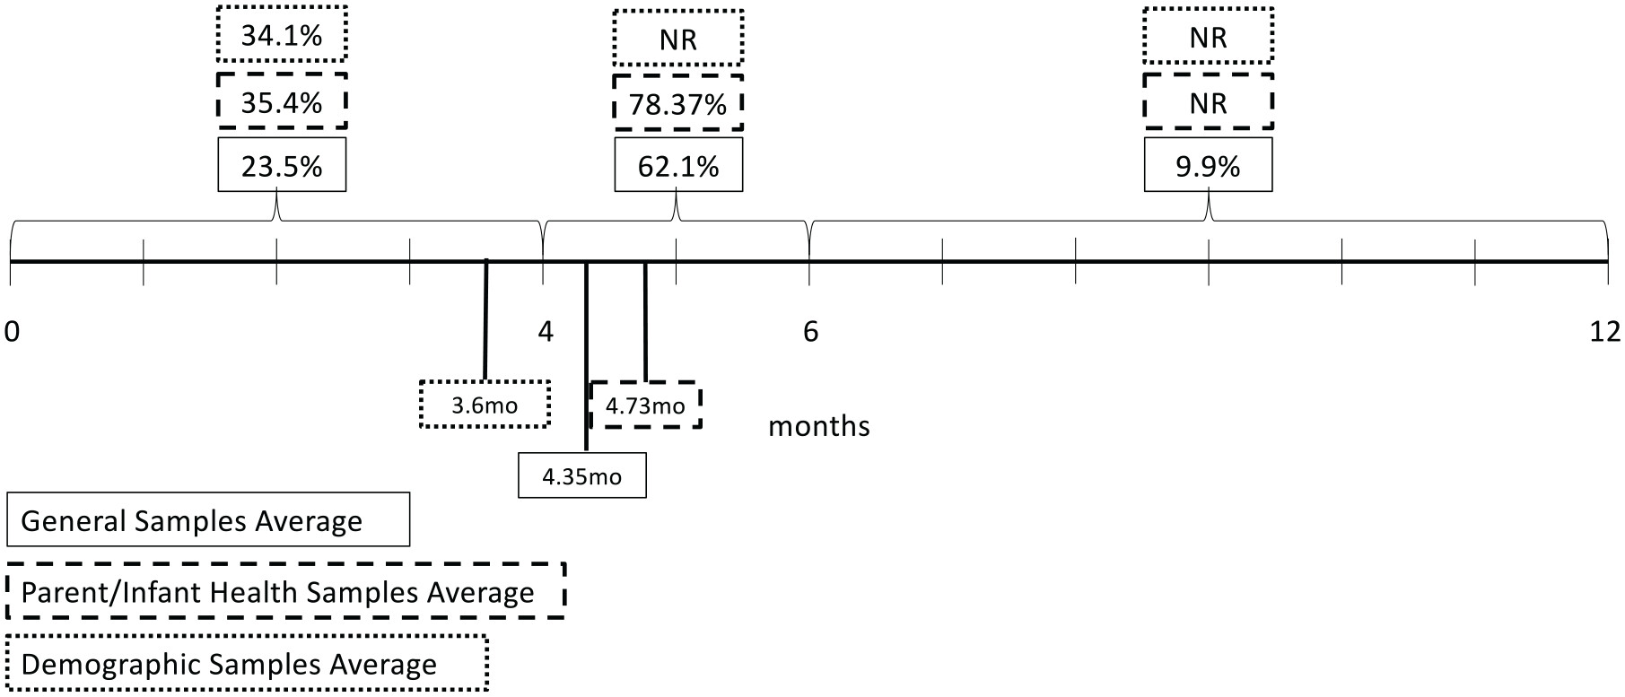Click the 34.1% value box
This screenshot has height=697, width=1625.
(282, 36)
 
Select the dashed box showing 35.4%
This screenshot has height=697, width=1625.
(282, 102)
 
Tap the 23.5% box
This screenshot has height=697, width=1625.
(282, 166)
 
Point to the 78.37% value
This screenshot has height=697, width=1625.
(678, 104)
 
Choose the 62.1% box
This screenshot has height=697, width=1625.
(678, 166)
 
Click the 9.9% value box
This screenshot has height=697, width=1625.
(1208, 166)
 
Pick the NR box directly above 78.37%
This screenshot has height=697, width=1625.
(678, 39)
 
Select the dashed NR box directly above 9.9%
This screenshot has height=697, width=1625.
(1208, 102)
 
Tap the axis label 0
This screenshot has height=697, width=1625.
(12, 332)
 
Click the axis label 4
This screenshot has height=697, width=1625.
(546, 332)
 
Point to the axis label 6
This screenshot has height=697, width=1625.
(810, 332)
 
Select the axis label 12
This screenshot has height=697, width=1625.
(1604, 332)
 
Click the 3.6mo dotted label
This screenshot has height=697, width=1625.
(485, 405)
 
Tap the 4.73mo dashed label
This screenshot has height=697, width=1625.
(645, 405)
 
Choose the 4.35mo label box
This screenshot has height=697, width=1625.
(581, 475)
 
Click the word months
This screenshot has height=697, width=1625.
(818, 425)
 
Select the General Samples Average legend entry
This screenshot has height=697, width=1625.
(207, 520)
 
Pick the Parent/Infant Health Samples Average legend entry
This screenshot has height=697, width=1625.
(285, 592)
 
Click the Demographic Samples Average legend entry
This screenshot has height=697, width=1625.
(247, 664)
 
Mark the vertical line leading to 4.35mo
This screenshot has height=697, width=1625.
(586, 359)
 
